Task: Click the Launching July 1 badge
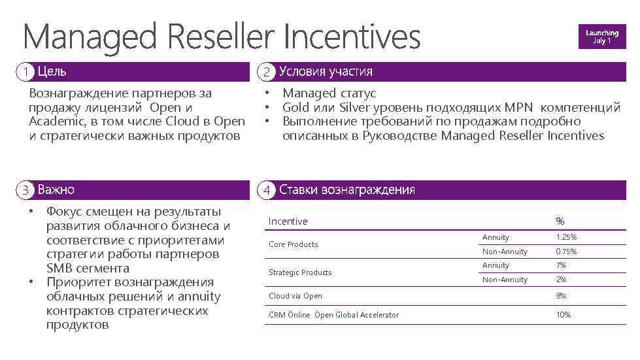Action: [601, 37]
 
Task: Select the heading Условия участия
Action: [326, 71]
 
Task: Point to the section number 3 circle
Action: [25, 190]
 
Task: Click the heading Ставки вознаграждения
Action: [346, 190]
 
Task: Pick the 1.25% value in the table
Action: [566, 237]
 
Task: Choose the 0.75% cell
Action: [566, 252]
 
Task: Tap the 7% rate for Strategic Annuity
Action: [561, 265]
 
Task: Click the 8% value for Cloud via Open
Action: [561, 296]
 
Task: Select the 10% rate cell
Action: [563, 315]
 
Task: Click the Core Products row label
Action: [294, 244]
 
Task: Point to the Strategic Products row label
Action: [300, 272]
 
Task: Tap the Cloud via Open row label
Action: [295, 296]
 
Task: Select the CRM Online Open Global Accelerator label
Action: [333, 315]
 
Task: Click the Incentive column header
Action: [288, 221]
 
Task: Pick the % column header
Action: [560, 221]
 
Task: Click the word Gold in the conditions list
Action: [296, 107]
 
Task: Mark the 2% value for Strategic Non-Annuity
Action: [561, 280]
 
